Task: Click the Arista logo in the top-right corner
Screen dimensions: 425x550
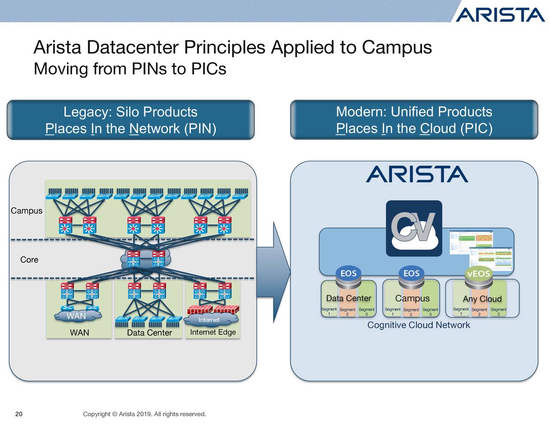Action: tap(500, 15)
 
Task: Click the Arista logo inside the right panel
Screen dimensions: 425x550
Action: tap(416, 174)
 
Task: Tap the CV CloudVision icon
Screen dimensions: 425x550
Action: tap(414, 228)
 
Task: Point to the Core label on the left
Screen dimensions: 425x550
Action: tap(29, 260)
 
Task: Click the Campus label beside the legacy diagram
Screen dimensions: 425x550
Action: tap(27, 211)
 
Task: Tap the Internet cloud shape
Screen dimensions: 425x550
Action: tap(209, 320)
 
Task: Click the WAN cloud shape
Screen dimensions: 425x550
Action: tap(76, 316)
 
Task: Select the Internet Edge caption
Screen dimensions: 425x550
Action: tap(213, 332)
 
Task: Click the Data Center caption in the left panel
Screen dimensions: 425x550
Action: tap(149, 333)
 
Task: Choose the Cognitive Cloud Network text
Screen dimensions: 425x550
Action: tap(419, 325)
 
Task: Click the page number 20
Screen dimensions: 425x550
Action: tap(19, 414)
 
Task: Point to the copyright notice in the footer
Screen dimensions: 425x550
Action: tap(144, 414)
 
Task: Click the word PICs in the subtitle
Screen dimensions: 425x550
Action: tap(208, 69)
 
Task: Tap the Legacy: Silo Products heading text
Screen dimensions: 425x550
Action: tap(130, 112)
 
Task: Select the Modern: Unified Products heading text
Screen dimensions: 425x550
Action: tap(414, 112)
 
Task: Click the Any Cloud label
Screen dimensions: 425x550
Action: tap(482, 299)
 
